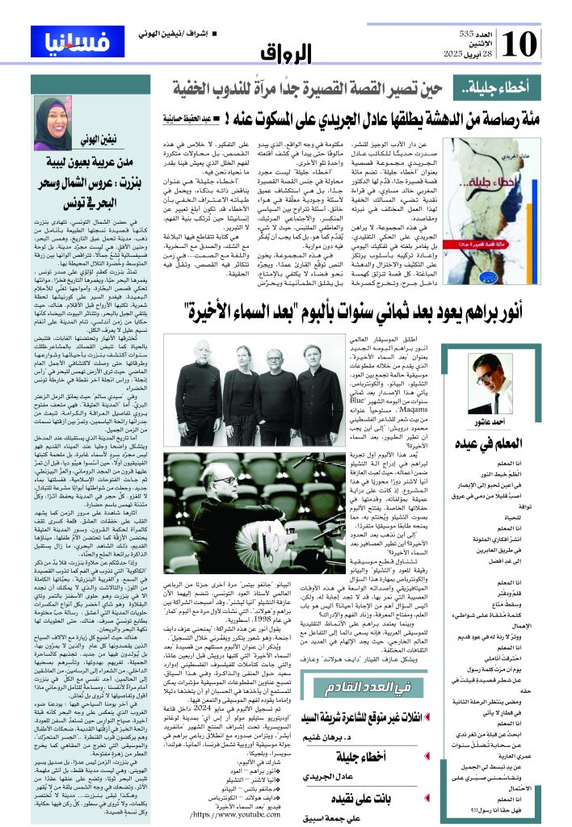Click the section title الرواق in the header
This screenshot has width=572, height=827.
tap(284, 52)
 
